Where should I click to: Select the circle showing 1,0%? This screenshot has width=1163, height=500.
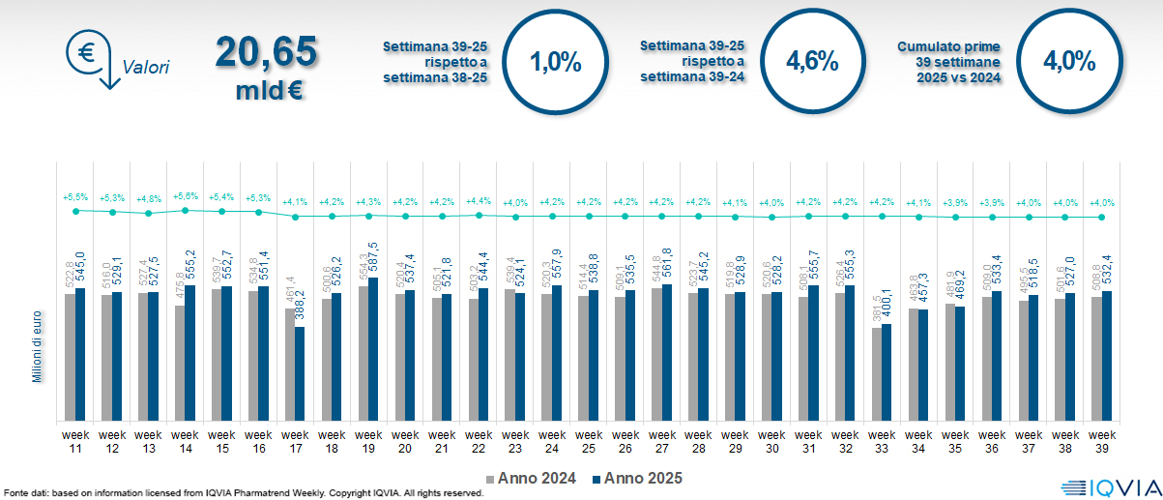556,63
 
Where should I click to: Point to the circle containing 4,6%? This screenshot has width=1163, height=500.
811,62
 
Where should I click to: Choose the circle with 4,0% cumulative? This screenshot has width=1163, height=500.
1068,62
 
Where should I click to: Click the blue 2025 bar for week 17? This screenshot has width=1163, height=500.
300,373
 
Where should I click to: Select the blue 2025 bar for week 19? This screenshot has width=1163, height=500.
373,349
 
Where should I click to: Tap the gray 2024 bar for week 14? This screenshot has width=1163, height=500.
179,363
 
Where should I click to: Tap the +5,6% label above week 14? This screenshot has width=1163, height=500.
184,196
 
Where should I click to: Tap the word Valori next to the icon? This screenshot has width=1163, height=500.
146,68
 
